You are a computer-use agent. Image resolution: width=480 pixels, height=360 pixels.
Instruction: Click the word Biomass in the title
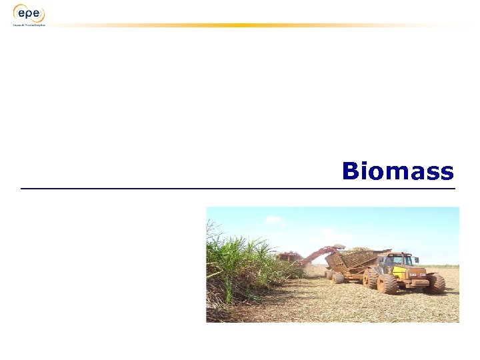tap(397, 172)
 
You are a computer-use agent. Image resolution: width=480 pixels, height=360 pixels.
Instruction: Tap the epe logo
tap(29, 13)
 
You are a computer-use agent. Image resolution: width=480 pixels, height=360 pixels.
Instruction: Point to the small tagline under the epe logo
tap(29, 25)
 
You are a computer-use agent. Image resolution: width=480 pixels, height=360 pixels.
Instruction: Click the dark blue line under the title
tap(238, 189)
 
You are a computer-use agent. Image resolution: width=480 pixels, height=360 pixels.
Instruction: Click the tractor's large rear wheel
tap(387, 283)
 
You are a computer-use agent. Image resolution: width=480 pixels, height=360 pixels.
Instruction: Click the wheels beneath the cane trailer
tap(337, 276)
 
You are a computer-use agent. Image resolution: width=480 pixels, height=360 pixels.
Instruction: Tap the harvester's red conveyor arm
tap(320, 253)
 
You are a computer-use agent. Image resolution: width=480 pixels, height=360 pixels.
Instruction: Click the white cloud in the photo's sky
tap(275, 219)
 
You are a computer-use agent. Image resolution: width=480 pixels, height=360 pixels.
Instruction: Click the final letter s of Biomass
tap(447, 173)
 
